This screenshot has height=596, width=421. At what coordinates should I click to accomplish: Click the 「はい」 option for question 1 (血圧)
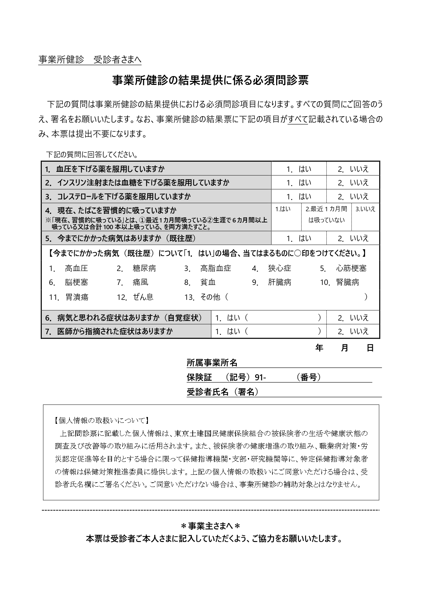point(299,169)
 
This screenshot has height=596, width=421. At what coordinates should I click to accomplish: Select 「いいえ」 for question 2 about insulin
point(353,183)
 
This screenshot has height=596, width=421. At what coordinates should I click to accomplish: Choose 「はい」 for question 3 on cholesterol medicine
point(299,197)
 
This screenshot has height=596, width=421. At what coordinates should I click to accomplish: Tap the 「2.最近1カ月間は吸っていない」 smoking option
point(326,214)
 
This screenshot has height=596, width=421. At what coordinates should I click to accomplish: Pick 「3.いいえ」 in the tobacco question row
point(365,209)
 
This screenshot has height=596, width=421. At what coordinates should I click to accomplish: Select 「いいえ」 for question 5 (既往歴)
point(353,238)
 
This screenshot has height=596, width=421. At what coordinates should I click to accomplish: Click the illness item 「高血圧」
point(76,269)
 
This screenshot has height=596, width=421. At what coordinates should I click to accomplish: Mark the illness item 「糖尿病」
point(144,269)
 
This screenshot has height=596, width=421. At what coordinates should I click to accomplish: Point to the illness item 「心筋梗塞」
point(351,269)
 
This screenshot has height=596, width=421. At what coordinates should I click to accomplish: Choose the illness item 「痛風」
point(140,283)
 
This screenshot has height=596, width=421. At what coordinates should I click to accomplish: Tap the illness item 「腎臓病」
point(347,283)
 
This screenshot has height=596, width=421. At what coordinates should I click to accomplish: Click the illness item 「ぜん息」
point(143,297)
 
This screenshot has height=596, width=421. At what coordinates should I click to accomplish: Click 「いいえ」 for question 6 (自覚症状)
point(353,318)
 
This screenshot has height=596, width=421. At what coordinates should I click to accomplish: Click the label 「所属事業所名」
point(212,363)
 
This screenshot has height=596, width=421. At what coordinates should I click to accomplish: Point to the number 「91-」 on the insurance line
point(260,377)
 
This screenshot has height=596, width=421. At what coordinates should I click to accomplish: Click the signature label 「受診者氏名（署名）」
point(223,392)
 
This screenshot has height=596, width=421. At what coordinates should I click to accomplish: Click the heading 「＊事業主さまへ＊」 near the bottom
point(210,526)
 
